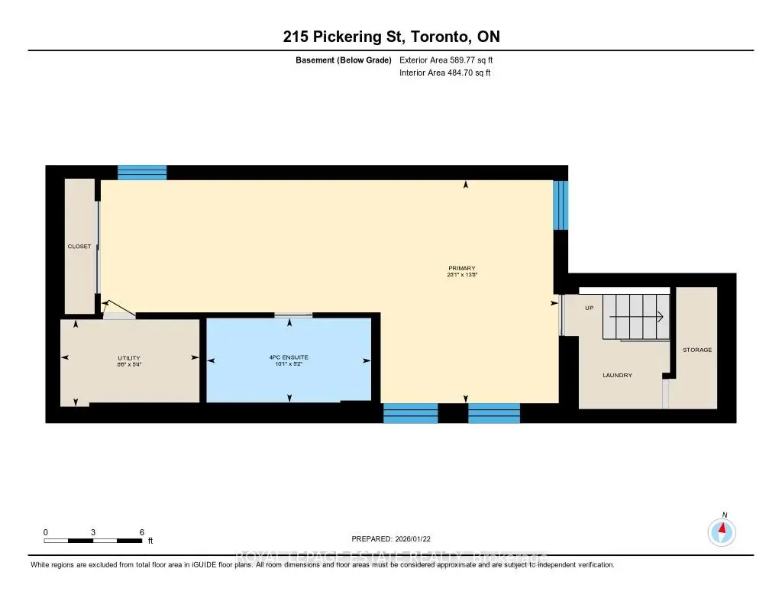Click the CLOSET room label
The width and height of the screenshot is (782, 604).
tap(79, 246)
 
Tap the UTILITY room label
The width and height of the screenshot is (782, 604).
tap(129, 358)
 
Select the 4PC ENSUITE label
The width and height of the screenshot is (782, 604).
tap(289, 357)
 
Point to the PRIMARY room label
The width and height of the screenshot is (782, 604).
tap(462, 268)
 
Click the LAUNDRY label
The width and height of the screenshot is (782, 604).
tap(617, 375)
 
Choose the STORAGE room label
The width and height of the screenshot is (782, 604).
tap(696, 350)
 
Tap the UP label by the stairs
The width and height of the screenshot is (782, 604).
tap(589, 308)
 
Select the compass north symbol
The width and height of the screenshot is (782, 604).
tap(721, 530)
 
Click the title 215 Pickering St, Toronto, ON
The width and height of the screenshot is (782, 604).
tap(390, 37)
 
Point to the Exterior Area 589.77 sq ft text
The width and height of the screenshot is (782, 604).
tap(451, 60)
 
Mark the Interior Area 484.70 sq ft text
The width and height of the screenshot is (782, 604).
tap(444, 73)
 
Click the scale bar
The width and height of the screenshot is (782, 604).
tap(93, 541)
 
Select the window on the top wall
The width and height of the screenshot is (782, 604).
tap(142, 173)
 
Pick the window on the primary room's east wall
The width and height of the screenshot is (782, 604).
tap(561, 205)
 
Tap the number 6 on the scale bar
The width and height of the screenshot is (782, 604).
tap(142, 531)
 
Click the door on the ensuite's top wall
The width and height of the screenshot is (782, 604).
tap(293, 315)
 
